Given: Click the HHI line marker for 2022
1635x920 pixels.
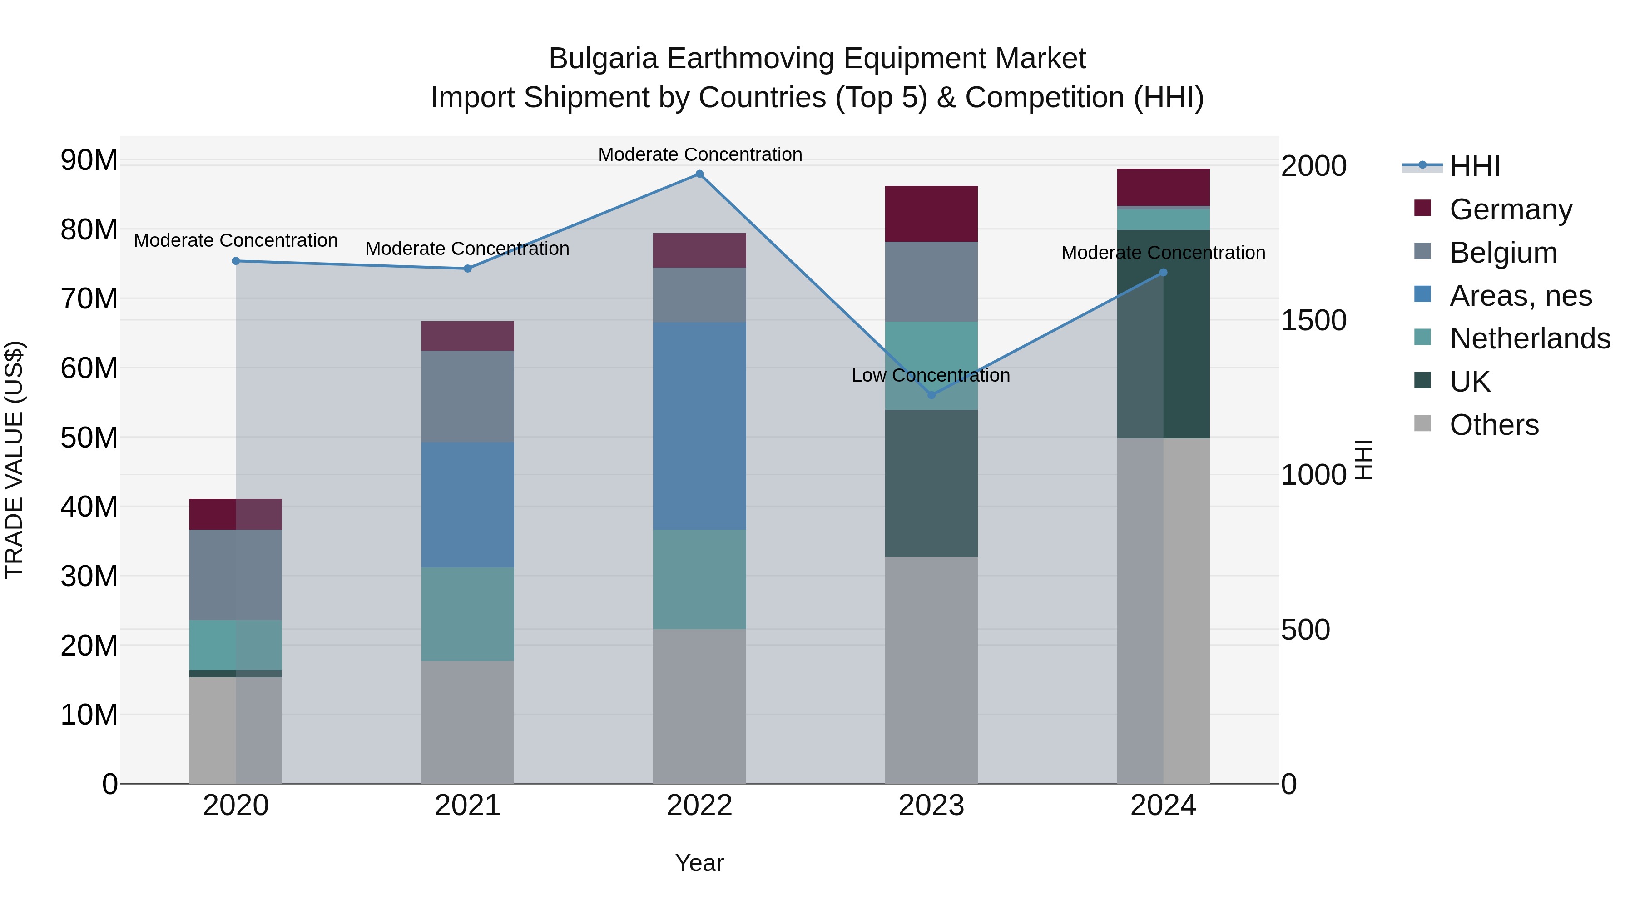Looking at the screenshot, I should (x=699, y=174).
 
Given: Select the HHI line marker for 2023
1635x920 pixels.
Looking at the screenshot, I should (x=931, y=395).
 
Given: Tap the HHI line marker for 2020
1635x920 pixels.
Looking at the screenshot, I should (x=236, y=261).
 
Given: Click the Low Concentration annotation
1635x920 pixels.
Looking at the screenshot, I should (x=931, y=375).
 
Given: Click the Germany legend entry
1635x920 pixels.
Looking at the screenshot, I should (x=1511, y=209).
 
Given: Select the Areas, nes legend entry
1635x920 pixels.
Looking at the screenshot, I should (x=1520, y=296).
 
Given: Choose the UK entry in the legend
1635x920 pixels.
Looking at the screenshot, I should (x=1470, y=382).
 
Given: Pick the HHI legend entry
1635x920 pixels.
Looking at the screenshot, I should (x=1474, y=166).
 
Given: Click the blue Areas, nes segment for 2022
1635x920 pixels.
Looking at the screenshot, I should (x=699, y=425).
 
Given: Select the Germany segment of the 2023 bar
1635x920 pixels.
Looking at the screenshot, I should (x=931, y=214).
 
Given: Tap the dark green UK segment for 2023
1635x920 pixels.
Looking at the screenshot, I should (x=931, y=483).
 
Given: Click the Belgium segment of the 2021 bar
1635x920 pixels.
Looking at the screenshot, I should (x=468, y=396).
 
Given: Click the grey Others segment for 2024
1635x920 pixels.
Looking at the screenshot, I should (x=1164, y=610).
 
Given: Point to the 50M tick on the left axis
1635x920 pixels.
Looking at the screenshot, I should (x=89, y=438).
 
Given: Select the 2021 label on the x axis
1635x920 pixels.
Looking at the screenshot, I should (x=468, y=806).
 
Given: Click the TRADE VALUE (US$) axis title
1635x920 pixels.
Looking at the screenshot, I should (x=15, y=460).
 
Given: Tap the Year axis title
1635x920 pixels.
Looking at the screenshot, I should (x=699, y=863).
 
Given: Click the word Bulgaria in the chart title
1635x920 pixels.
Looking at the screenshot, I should (x=602, y=59).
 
